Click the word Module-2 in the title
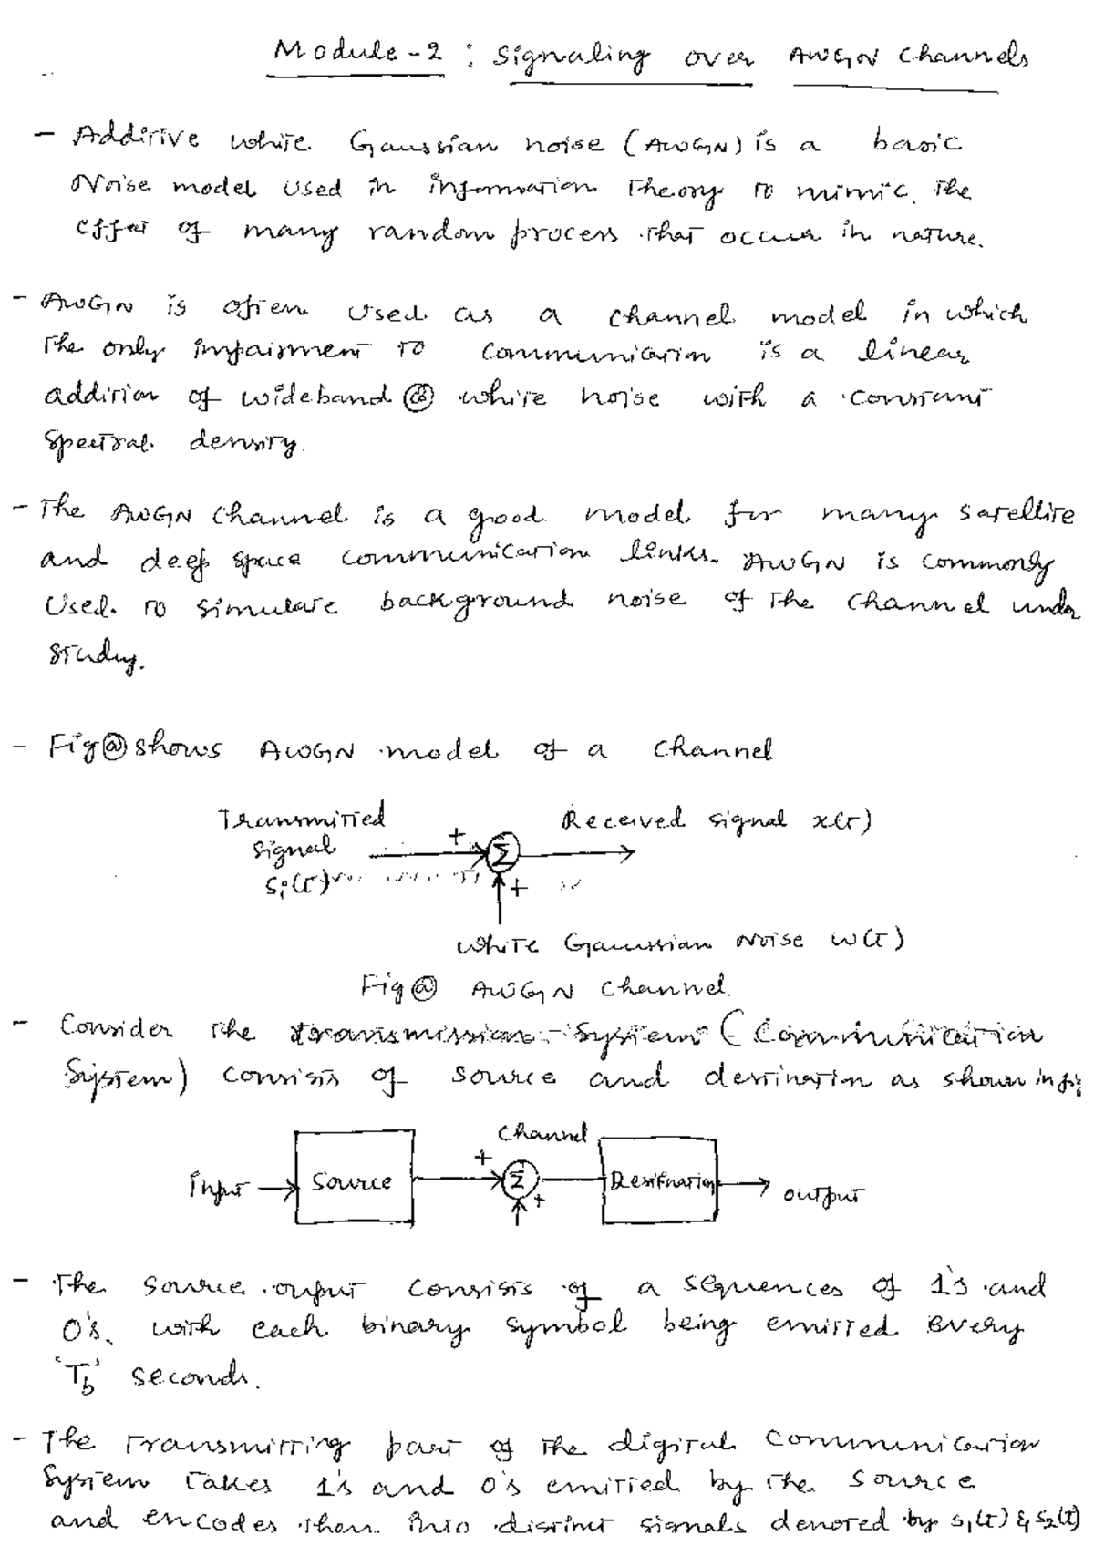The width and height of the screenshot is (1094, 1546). [359, 54]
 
